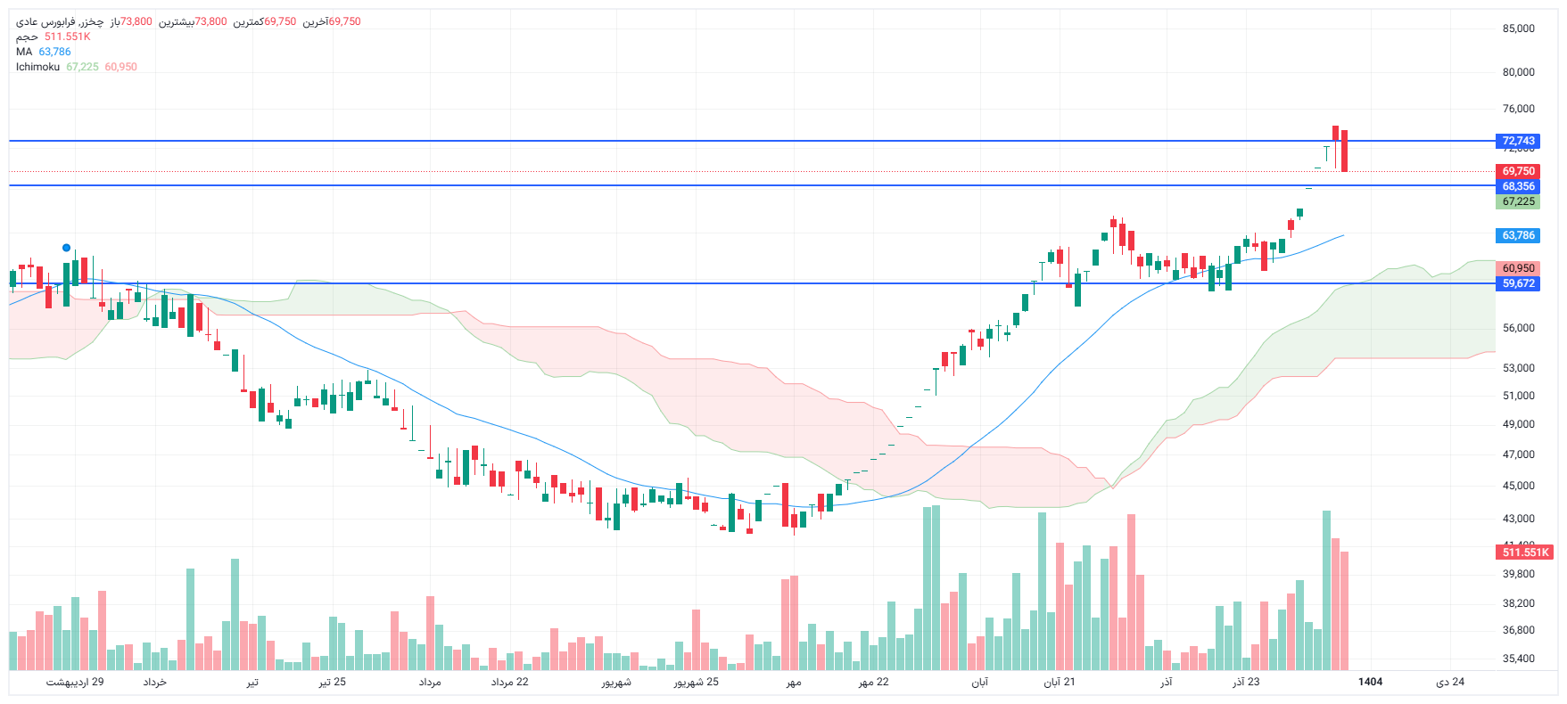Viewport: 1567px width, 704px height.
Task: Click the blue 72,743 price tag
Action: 1518,141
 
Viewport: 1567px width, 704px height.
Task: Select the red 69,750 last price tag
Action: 1518,171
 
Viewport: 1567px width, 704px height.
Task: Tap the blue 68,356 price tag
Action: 1518,186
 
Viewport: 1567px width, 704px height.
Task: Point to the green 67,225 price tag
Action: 1518,201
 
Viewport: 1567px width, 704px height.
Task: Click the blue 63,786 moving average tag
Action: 1518,235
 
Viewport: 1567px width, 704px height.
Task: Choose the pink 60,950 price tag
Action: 1518,268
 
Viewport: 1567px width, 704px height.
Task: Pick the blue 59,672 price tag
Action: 1518,283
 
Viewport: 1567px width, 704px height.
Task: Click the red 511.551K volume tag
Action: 1525,553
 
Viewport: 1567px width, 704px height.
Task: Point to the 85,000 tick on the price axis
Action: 1518,29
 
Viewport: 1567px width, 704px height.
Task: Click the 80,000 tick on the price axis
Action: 1518,72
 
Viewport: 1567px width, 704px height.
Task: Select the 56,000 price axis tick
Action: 1518,328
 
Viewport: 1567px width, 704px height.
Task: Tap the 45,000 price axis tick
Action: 1518,486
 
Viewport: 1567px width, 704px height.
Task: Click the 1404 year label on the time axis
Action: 1370,682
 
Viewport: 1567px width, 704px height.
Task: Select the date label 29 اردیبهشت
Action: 75,682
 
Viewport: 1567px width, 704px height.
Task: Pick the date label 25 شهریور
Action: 696,682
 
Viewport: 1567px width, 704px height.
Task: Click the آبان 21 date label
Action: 1060,682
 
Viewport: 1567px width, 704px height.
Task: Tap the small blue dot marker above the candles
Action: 66,248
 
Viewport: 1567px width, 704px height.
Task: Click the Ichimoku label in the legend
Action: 37,67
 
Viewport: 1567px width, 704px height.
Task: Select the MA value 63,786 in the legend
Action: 54,52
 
